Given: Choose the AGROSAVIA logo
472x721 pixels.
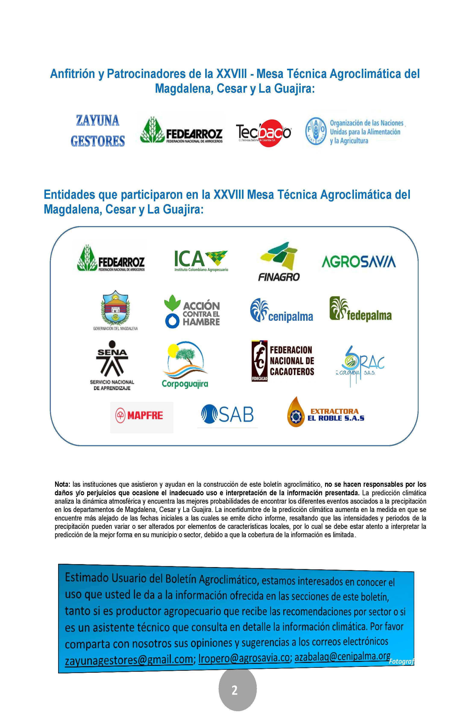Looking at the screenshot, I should click(358, 262).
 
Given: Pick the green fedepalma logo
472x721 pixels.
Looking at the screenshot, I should click(361, 310).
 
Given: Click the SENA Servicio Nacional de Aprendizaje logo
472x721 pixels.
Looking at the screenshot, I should click(112, 365).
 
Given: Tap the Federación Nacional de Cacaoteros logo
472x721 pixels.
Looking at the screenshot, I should click(283, 360).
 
